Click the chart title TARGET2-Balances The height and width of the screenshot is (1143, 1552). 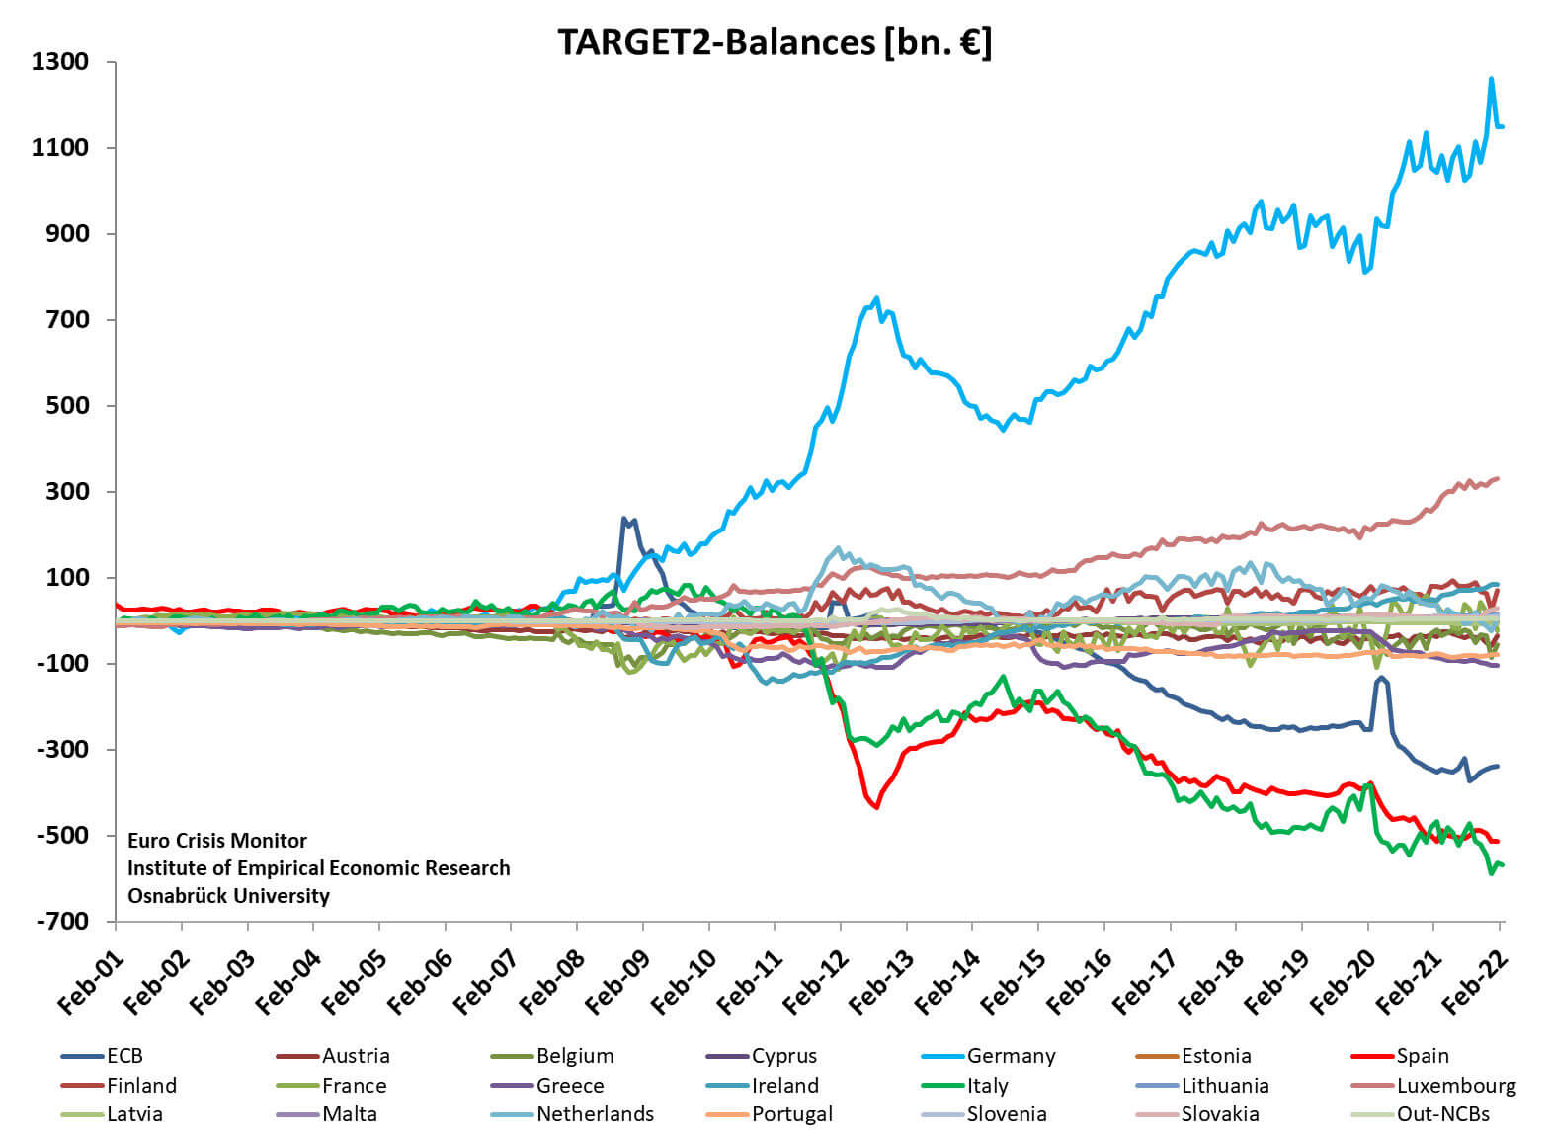[x=775, y=42]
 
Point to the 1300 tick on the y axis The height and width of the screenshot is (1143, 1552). [x=60, y=62]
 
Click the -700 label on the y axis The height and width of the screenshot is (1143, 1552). [x=60, y=921]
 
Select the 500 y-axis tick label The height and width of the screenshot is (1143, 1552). [x=67, y=406]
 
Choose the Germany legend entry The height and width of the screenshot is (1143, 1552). [x=1011, y=1056]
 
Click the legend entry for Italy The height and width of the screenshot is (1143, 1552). [x=987, y=1085]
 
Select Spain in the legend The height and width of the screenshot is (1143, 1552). [x=1423, y=1056]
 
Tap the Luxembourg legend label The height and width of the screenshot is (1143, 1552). [x=1455, y=1085]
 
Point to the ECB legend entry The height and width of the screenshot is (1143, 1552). [x=124, y=1056]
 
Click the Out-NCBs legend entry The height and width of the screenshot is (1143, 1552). [x=1442, y=1113]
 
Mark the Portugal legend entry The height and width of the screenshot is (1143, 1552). [x=791, y=1113]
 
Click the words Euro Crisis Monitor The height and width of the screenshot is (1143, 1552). [x=217, y=841]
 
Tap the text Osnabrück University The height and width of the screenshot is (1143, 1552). [x=228, y=896]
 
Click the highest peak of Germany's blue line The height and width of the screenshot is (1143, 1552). [x=1491, y=79]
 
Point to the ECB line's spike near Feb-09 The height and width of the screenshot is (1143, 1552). [x=624, y=518]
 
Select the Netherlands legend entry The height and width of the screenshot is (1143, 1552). [x=595, y=1113]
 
